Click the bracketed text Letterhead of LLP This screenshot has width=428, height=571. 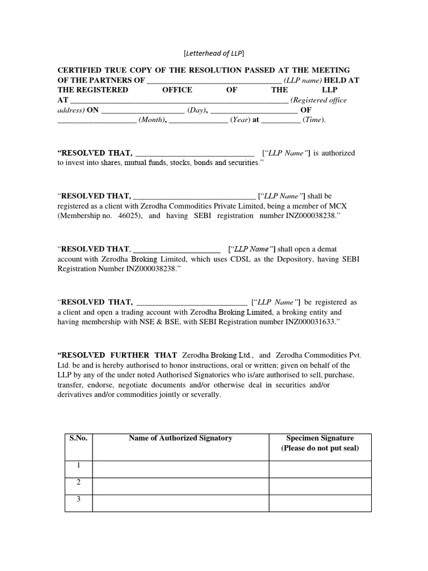coord(214,53)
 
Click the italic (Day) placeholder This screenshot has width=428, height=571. coord(197,110)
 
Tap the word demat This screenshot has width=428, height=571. coord(327,249)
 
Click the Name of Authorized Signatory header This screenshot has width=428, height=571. coord(180,438)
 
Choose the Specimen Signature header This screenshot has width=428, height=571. coord(320,438)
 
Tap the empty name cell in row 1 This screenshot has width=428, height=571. coord(181,469)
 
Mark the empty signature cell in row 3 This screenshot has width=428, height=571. coord(320,503)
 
